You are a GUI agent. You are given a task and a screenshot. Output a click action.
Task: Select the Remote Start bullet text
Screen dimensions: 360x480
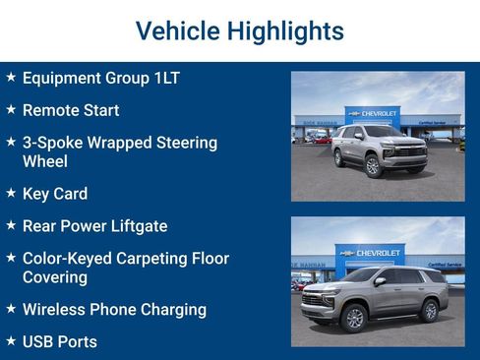click(71, 110)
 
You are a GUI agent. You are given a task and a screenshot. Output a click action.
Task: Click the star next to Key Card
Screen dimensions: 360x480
click(11, 193)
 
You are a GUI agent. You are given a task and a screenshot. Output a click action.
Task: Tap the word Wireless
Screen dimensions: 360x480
click(58, 310)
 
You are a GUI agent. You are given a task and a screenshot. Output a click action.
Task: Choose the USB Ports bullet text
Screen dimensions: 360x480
click(60, 342)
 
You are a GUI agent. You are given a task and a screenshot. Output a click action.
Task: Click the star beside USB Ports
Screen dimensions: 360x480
click(11, 341)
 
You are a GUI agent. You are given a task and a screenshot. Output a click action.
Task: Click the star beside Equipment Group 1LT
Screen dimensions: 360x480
click(11, 77)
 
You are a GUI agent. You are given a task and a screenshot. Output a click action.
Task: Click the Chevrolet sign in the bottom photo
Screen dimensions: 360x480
click(372, 253)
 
